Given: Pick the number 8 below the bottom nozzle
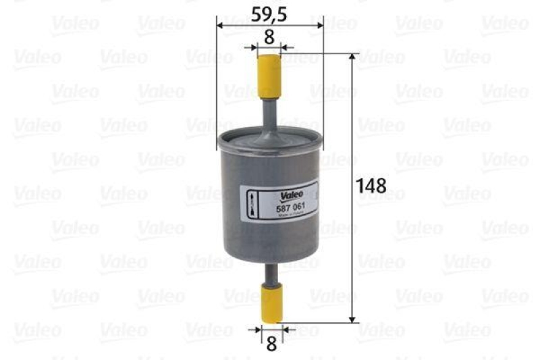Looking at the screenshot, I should [271, 344].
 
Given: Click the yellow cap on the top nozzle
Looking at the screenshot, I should [269, 76].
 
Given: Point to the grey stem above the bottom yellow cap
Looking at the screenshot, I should [271, 274].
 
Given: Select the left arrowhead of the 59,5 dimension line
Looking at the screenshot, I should [220, 25].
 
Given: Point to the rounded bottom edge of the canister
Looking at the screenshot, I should [270, 259].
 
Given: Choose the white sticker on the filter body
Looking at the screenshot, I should [280, 203].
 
